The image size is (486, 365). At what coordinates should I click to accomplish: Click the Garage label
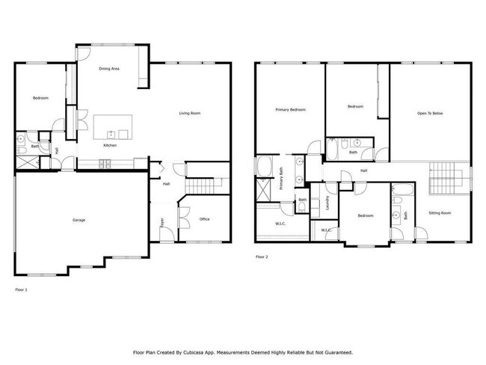pos(79,220)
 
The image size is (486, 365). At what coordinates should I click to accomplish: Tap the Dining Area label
pos(110,69)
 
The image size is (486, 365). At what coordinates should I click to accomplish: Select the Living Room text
pos(189,114)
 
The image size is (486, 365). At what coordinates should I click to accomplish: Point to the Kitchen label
pos(110,145)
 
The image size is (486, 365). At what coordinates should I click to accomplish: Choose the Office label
pos(204,219)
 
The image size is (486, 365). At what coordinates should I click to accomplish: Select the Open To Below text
pos(430,114)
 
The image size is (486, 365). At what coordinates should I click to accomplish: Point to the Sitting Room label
pos(440,213)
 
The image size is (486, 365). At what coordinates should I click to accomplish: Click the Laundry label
pos(327,203)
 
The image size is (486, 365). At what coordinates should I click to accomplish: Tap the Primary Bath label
pos(281,180)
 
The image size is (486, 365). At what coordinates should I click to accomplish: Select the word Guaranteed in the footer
pos(334,352)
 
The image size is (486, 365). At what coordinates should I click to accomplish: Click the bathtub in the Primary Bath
pos(265,166)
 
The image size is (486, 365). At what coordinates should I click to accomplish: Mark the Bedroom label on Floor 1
pos(40,99)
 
